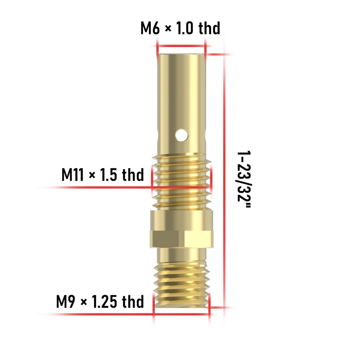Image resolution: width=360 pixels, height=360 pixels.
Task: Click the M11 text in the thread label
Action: [74, 175]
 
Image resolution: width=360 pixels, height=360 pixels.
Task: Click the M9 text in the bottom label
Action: [66, 301]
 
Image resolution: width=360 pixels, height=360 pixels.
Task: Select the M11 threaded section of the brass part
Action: [181, 182]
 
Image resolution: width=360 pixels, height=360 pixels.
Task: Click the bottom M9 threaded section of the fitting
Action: [181, 285]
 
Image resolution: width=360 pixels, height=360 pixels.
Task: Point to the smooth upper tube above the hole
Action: [181, 90]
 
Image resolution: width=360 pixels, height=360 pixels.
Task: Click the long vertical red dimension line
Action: [225, 180]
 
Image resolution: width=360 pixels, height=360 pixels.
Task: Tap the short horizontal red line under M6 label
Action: [181, 46]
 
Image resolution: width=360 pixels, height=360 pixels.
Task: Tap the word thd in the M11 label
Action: [133, 175]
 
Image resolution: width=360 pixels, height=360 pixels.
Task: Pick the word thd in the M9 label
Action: [133, 301]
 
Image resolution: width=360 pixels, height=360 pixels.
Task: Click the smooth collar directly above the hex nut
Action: [181, 220]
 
